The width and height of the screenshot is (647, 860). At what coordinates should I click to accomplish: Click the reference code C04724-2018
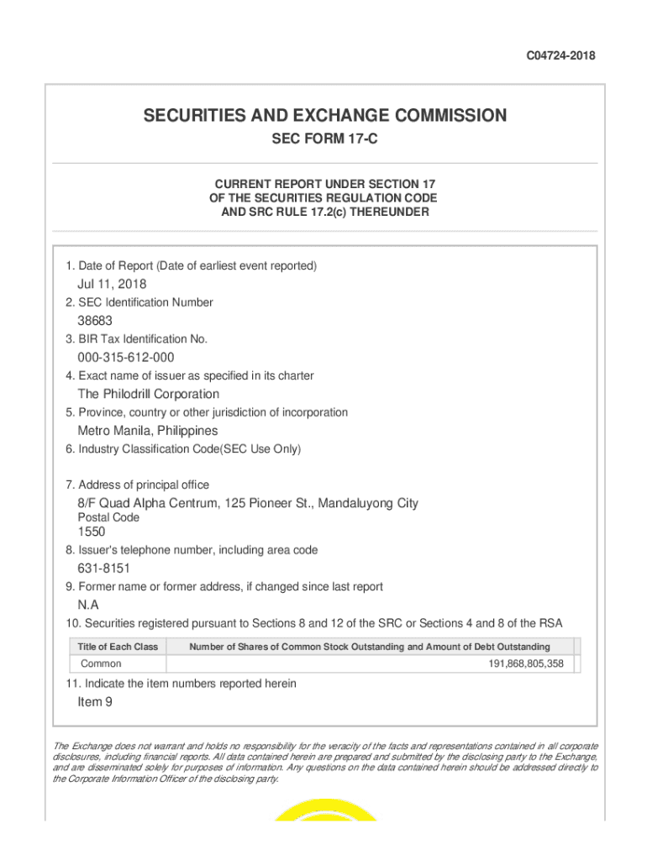click(x=561, y=56)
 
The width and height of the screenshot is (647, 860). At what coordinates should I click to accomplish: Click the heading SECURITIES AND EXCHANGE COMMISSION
click(x=324, y=115)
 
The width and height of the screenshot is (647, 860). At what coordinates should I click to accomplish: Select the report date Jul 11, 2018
click(x=112, y=284)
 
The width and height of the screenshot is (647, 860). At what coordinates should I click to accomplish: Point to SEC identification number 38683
click(x=95, y=321)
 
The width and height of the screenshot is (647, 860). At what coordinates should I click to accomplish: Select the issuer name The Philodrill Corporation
click(x=149, y=394)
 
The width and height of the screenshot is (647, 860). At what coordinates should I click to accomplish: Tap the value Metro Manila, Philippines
click(x=147, y=431)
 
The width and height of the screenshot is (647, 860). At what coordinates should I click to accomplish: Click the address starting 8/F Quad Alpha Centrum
click(x=248, y=503)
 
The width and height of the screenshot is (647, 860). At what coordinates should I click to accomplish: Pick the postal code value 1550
click(x=92, y=532)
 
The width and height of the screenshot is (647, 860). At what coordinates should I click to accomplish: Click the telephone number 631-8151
click(x=103, y=569)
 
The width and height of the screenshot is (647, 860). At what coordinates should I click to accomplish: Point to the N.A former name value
click(x=88, y=605)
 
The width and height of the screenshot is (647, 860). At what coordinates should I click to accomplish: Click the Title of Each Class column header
click(x=118, y=647)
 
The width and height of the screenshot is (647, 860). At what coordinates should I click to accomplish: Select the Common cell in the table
click(x=101, y=663)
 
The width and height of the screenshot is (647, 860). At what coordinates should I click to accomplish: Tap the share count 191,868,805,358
click(x=526, y=663)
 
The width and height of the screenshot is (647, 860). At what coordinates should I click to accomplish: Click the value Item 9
click(x=95, y=702)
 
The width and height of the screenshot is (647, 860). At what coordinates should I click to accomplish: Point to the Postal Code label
click(x=108, y=517)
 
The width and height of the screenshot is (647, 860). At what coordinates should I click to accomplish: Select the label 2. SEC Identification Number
click(x=139, y=302)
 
